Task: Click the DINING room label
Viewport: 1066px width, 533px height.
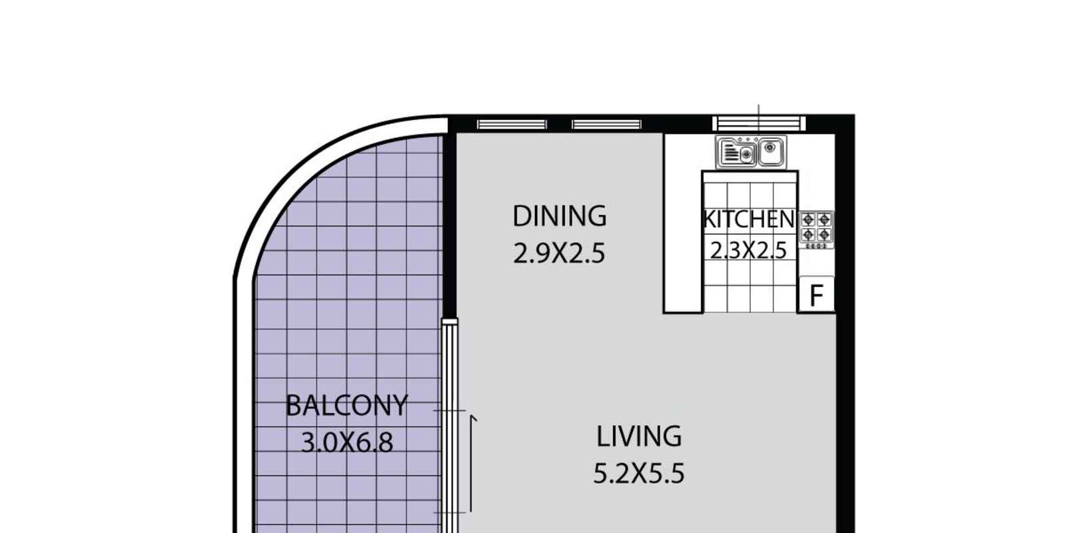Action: click(x=560, y=216)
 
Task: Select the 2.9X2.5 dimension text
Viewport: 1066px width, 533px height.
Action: click(x=559, y=253)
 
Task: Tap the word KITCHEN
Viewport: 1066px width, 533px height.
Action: click(x=749, y=219)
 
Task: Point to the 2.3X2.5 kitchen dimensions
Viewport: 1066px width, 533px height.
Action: click(x=748, y=250)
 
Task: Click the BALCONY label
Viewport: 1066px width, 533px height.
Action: click(x=346, y=406)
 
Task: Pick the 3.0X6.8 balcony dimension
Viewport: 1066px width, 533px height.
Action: click(x=347, y=442)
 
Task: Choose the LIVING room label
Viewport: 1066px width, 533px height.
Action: click(x=639, y=436)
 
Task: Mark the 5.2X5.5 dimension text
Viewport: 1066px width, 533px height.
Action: click(x=639, y=474)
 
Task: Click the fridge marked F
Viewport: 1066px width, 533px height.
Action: click(x=817, y=294)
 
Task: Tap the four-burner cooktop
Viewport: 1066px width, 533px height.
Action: click(x=816, y=230)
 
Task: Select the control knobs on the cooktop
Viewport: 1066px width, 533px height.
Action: click(x=816, y=246)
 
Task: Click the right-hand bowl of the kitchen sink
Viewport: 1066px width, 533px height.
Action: click(x=770, y=151)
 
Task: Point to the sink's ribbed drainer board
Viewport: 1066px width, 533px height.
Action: click(x=730, y=153)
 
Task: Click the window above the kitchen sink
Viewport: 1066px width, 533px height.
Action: click(x=759, y=124)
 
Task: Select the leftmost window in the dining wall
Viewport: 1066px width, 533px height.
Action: click(x=512, y=125)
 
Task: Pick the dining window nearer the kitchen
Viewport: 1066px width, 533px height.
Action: click(x=607, y=125)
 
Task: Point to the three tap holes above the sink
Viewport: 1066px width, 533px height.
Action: click(x=748, y=140)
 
